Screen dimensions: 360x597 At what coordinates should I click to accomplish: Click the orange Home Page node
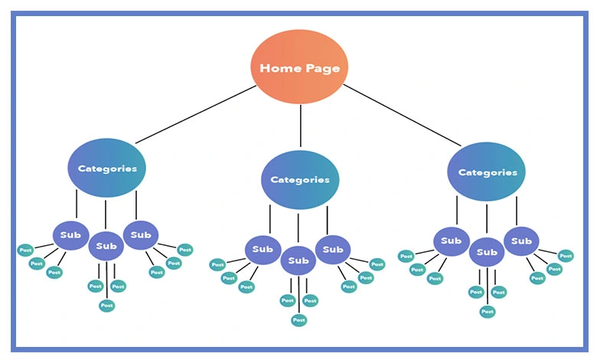(300, 67)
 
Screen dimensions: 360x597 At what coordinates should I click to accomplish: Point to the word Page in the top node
(321, 68)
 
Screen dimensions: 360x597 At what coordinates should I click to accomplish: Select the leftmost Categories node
(106, 169)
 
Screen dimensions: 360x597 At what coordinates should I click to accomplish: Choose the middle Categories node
(300, 180)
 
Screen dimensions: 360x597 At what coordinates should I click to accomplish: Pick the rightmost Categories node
(487, 172)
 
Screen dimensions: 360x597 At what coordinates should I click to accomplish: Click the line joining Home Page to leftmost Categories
(195, 115)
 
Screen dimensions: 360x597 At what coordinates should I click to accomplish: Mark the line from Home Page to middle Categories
(300, 126)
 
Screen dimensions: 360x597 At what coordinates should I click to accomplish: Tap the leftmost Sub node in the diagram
(71, 235)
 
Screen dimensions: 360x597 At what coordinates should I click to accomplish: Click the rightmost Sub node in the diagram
(521, 241)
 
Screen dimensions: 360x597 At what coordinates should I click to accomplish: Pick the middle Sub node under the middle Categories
(298, 261)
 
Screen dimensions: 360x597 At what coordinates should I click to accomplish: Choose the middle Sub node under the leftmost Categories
(106, 246)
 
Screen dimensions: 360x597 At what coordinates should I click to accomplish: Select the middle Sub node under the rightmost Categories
(486, 251)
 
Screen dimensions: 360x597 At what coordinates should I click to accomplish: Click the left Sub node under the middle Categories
(263, 249)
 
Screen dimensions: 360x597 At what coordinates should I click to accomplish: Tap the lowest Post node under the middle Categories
(298, 320)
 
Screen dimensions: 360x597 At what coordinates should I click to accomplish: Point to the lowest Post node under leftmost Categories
(106, 306)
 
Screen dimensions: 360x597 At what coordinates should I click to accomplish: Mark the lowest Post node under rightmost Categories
(487, 312)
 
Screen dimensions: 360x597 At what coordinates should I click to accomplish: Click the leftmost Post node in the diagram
(25, 250)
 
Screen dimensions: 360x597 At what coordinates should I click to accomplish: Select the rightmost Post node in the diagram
(566, 256)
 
